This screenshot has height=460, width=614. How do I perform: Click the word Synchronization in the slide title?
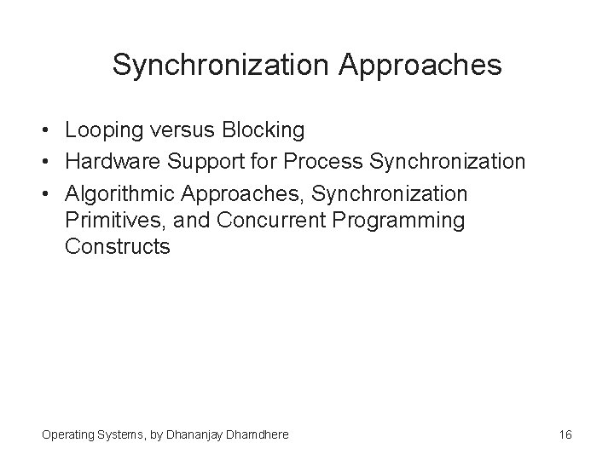(218, 65)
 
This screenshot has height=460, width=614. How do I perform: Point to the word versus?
(186, 130)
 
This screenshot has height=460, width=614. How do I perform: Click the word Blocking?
(263, 130)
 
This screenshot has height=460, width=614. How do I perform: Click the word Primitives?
(104, 221)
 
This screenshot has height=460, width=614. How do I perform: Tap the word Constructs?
(117, 248)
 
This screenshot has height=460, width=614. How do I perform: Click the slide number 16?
(565, 434)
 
